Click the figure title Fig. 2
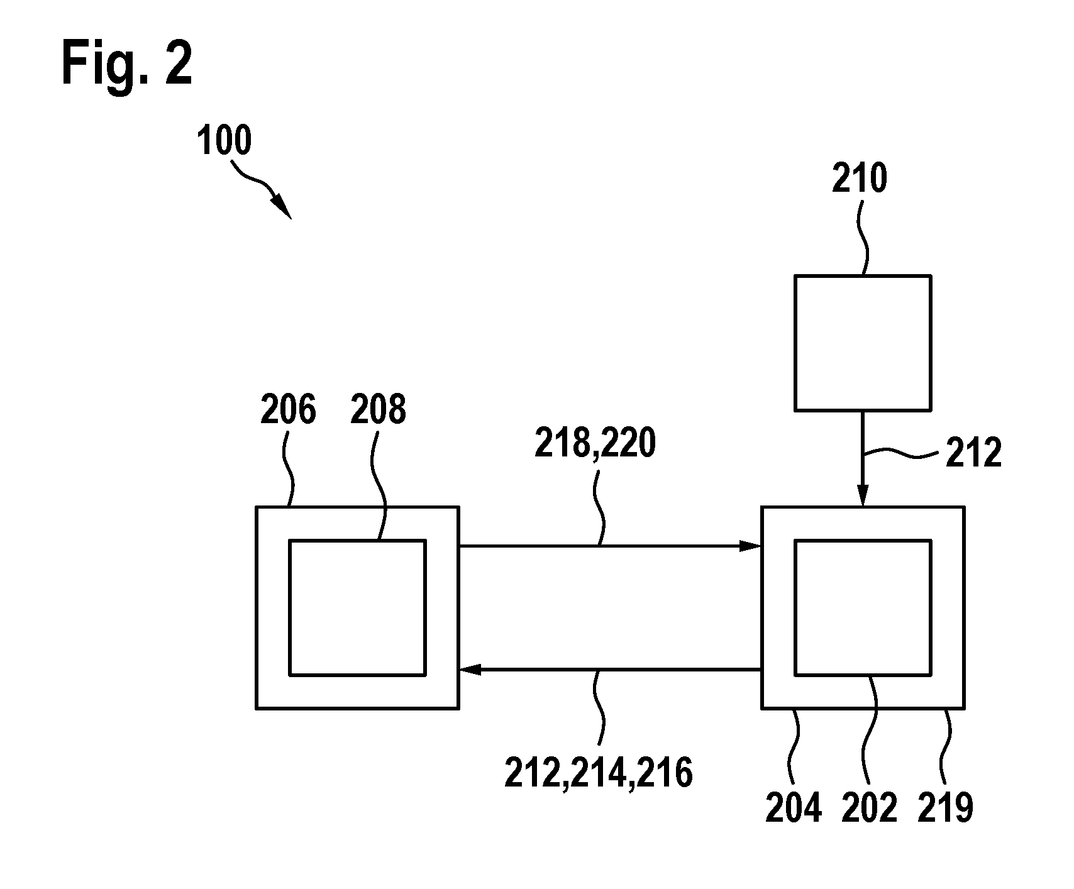[127, 66]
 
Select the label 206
[288, 411]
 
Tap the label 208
[379, 411]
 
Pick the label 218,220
[595, 444]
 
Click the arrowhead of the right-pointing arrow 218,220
[751, 546]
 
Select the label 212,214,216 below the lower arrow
[598, 773]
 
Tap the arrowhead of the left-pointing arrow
[469, 670]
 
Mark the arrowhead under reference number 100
[282, 207]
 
